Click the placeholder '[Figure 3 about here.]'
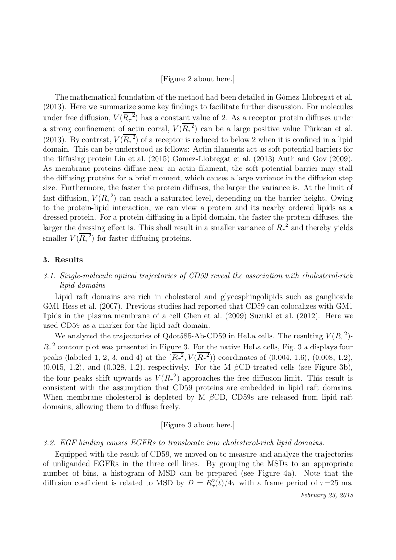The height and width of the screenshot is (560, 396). (x=198, y=425)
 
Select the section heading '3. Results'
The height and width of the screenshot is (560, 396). (x=63, y=260)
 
